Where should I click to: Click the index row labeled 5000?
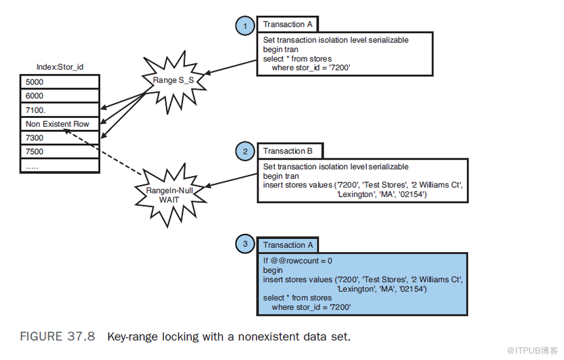tap(60, 82)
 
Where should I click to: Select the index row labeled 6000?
tap(60, 96)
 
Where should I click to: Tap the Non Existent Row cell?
tap(60, 124)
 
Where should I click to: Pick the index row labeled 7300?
tap(60, 138)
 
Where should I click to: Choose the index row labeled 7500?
tap(60, 151)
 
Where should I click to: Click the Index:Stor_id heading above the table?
tap(60, 67)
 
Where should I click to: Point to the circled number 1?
tap(245, 25)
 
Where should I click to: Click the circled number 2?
tap(245, 151)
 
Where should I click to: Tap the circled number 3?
tap(245, 244)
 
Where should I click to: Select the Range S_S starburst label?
tap(174, 80)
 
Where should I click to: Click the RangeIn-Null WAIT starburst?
tap(169, 195)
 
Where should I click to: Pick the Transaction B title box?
tap(290, 151)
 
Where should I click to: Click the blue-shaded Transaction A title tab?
tap(288, 245)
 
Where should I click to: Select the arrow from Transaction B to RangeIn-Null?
tap(231, 181)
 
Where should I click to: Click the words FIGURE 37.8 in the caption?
tap(58, 337)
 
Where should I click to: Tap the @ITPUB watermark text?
tap(532, 350)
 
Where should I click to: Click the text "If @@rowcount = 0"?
tap(297, 260)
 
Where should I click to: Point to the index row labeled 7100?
tap(60, 110)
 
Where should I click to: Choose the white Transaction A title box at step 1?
tap(288, 25)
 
